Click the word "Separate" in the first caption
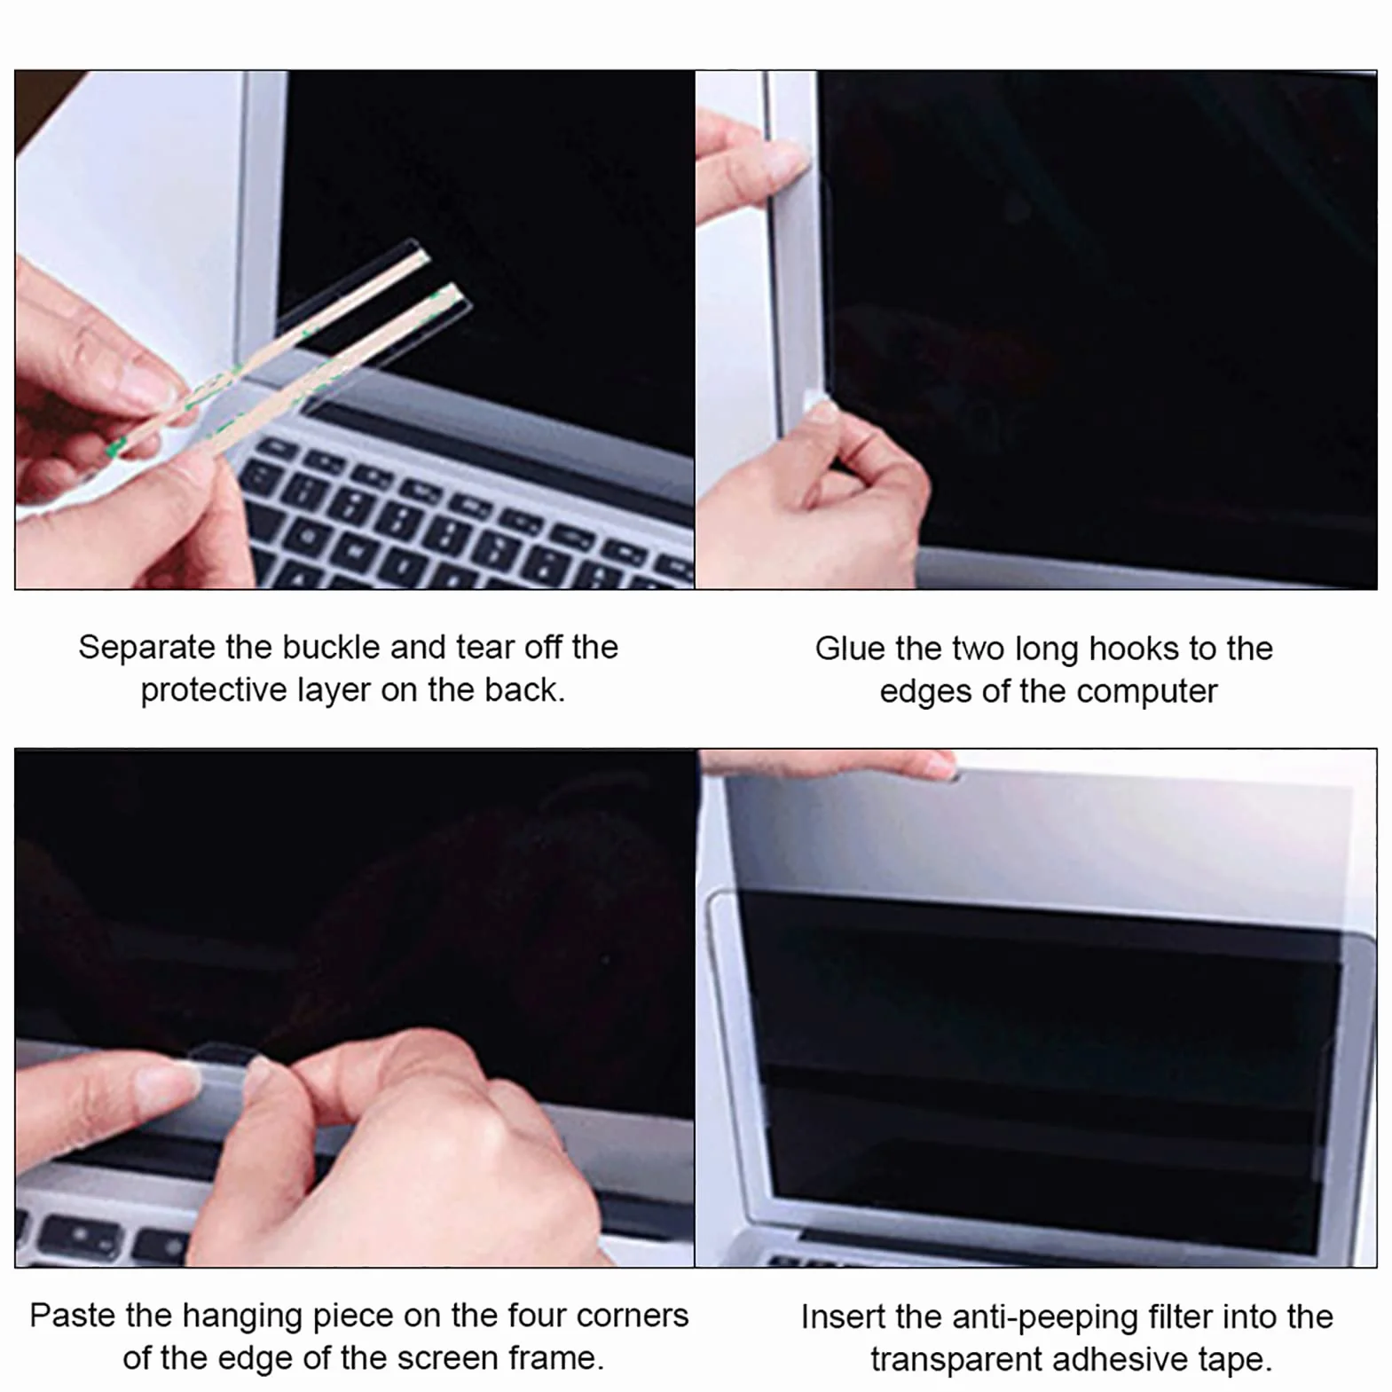[146, 648]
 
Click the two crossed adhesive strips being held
[293, 355]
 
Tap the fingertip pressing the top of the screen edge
[781, 160]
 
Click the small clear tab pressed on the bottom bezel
[222, 1064]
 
